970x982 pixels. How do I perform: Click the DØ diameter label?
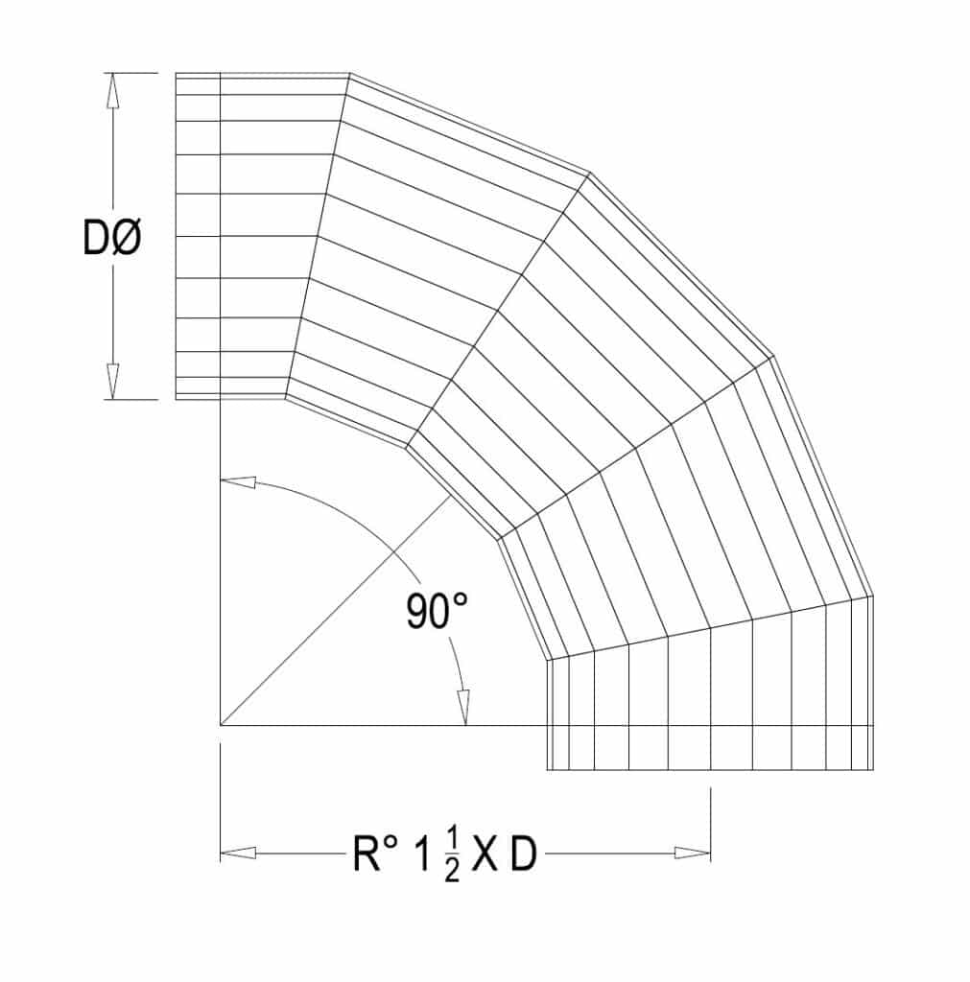112,238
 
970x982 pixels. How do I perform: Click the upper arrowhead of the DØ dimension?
113,90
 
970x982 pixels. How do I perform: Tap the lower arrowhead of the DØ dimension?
113,382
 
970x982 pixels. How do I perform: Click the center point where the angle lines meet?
221,725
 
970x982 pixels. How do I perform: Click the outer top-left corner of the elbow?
176,73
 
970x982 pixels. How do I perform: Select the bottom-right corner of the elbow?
872,770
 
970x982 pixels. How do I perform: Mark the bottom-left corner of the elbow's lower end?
547,770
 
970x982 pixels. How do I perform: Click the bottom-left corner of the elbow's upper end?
176,398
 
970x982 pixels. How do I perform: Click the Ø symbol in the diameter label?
128,238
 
